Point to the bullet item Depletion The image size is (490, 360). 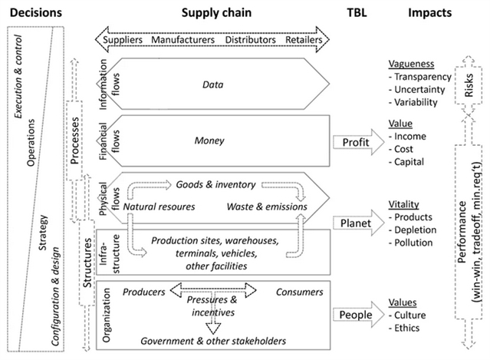(413, 230)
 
